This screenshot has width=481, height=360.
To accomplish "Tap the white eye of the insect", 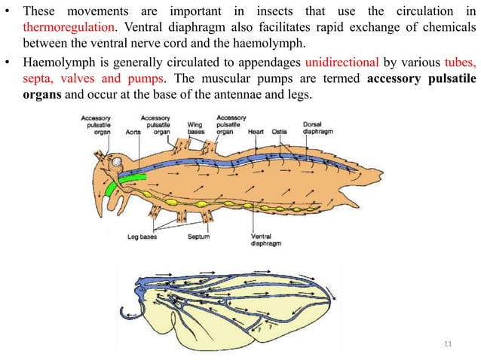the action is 115,162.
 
